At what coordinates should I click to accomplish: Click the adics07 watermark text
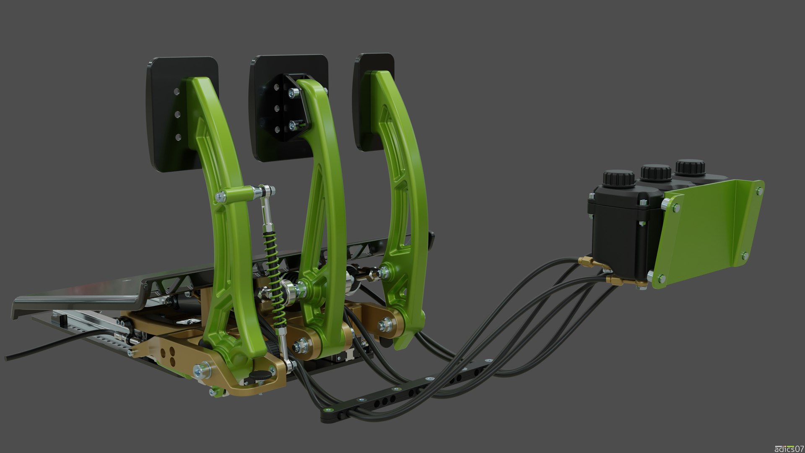pyautogui.click(x=788, y=448)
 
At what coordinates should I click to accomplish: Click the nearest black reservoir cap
pyautogui.click(x=618, y=178)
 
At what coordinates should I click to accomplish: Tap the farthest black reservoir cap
pyautogui.click(x=689, y=167)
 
